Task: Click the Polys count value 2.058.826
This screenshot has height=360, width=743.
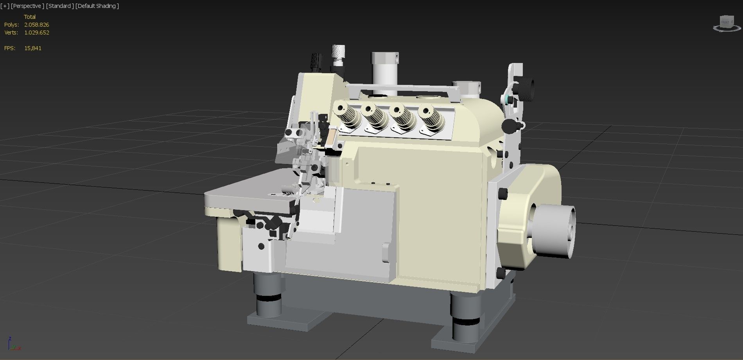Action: [x=36, y=25]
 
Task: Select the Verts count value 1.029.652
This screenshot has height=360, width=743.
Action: [x=36, y=32]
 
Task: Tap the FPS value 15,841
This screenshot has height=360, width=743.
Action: [x=32, y=48]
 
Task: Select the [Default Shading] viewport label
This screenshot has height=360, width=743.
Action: [x=97, y=6]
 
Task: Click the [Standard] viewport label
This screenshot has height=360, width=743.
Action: [x=59, y=6]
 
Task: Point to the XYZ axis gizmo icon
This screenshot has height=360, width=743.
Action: [x=13, y=344]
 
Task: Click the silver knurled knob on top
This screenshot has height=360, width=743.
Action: [x=338, y=54]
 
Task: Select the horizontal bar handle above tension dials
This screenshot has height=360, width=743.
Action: [x=403, y=88]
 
